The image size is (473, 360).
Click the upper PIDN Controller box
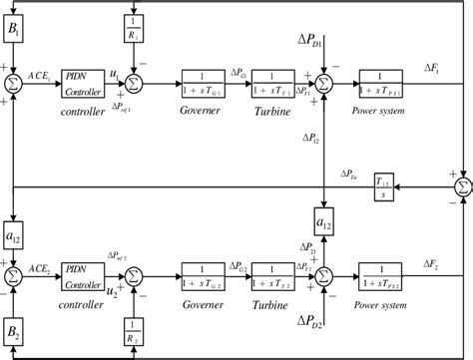[x=83, y=82]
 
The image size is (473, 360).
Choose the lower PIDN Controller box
[x=83, y=276]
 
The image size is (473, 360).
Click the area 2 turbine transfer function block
[x=278, y=276]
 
